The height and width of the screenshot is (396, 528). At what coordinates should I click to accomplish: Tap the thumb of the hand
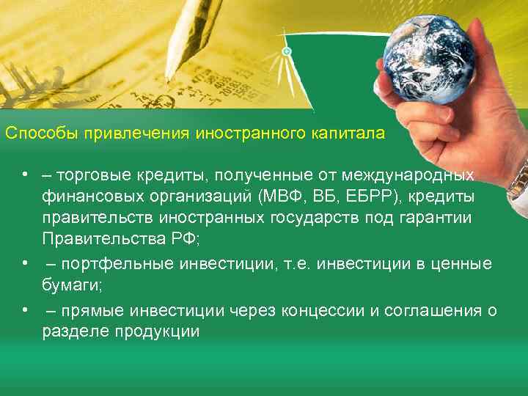coord(414,125)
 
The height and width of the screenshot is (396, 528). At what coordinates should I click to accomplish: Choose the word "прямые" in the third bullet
coord(81,310)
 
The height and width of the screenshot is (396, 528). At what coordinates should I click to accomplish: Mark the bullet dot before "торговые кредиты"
coord(25,175)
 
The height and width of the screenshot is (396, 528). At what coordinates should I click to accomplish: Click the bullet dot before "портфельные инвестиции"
coord(25,263)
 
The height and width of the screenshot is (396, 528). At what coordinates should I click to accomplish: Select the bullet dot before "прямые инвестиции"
coord(25,309)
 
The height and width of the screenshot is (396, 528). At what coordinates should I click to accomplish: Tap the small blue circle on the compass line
coord(287,51)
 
